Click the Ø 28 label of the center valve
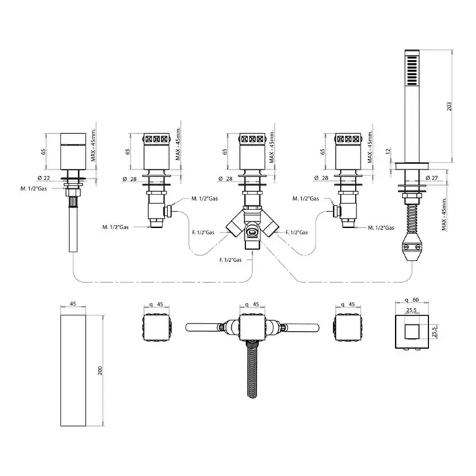226,178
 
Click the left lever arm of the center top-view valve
205,324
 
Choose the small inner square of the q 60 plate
411,331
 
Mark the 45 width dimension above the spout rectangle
73,305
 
